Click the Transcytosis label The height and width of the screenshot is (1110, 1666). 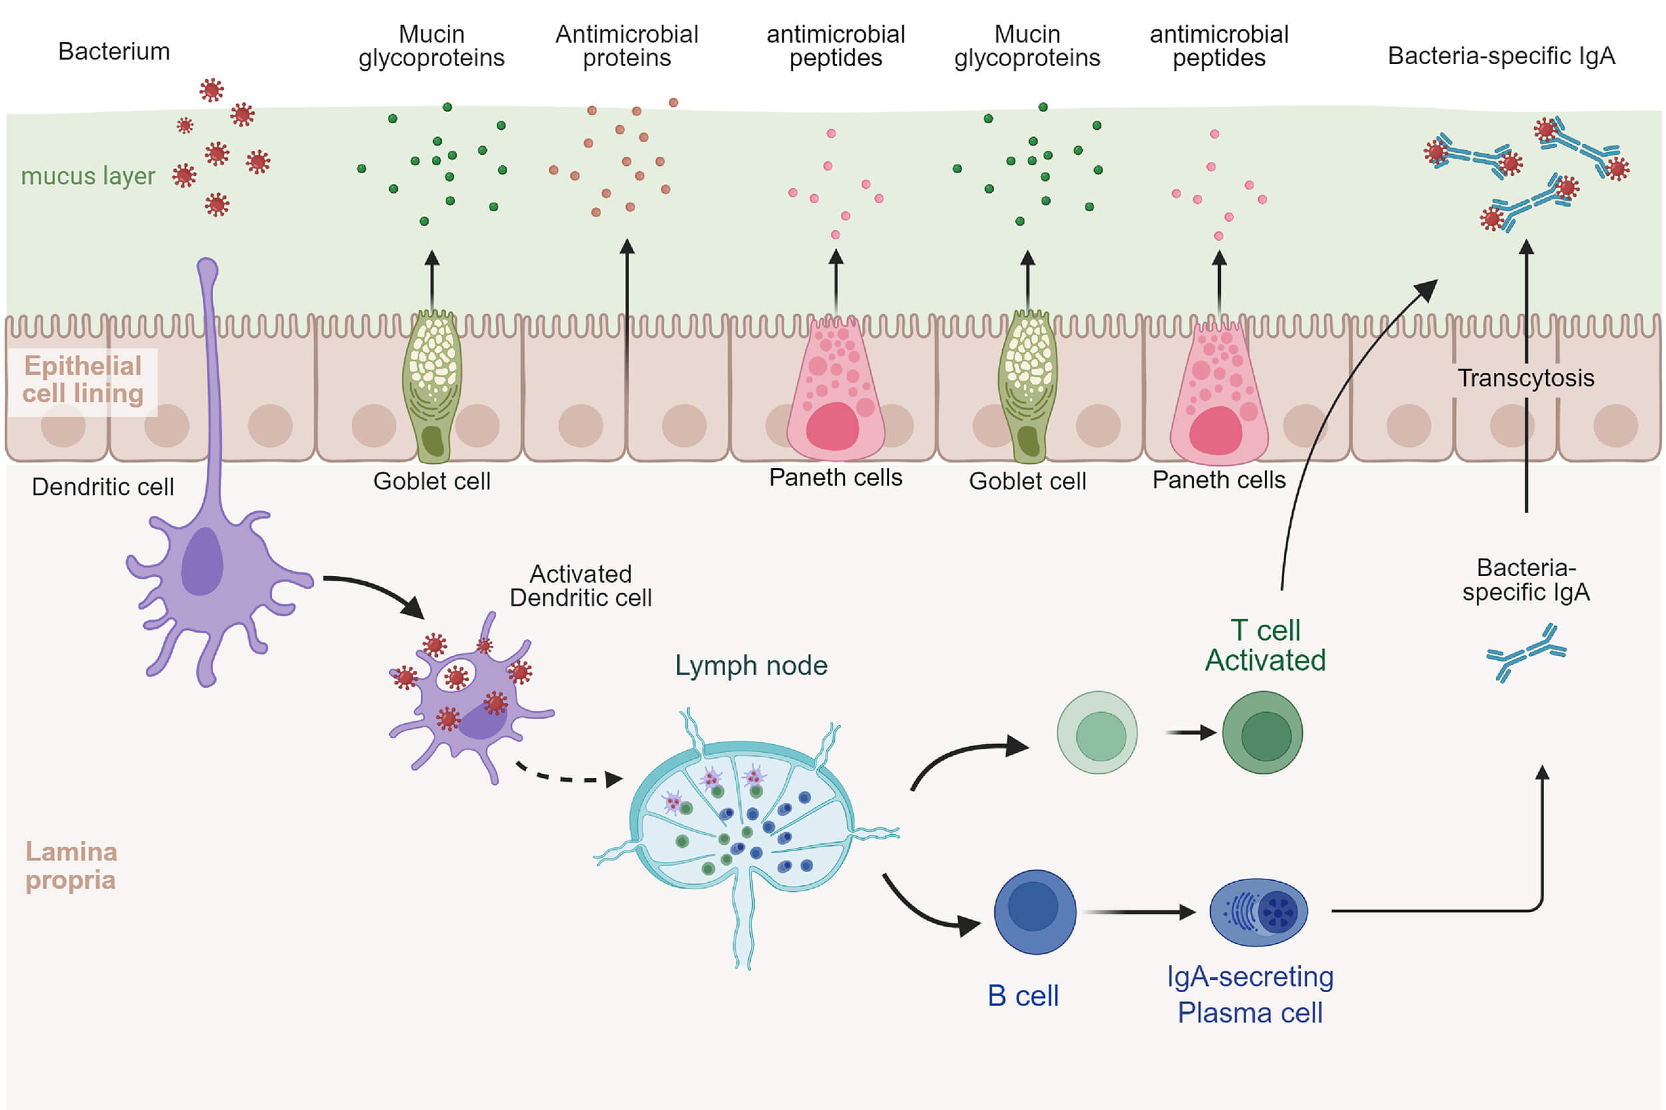[x=1525, y=378]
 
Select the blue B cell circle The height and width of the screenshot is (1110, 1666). [x=1034, y=912]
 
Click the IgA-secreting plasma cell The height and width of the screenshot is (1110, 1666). [x=1257, y=912]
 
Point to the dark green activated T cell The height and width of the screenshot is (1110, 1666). [x=1262, y=733]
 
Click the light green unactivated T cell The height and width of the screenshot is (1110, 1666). [x=1097, y=733]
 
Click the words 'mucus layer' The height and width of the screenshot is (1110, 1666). [x=88, y=175]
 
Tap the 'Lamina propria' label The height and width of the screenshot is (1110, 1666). [x=71, y=865]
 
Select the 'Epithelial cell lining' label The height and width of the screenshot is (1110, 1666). [x=83, y=379]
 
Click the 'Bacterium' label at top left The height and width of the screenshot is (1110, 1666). [x=114, y=52]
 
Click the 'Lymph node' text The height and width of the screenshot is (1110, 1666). [x=750, y=665]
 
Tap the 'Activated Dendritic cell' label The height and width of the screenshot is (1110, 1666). [x=580, y=585]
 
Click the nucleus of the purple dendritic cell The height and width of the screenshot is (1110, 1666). [x=203, y=561]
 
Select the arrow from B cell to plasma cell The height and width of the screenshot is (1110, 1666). [x=1139, y=912]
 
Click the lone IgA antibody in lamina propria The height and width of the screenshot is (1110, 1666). [x=1526, y=652]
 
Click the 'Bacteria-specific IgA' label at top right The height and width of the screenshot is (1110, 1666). [x=1501, y=56]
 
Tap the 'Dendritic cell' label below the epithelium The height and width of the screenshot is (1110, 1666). [x=103, y=487]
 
